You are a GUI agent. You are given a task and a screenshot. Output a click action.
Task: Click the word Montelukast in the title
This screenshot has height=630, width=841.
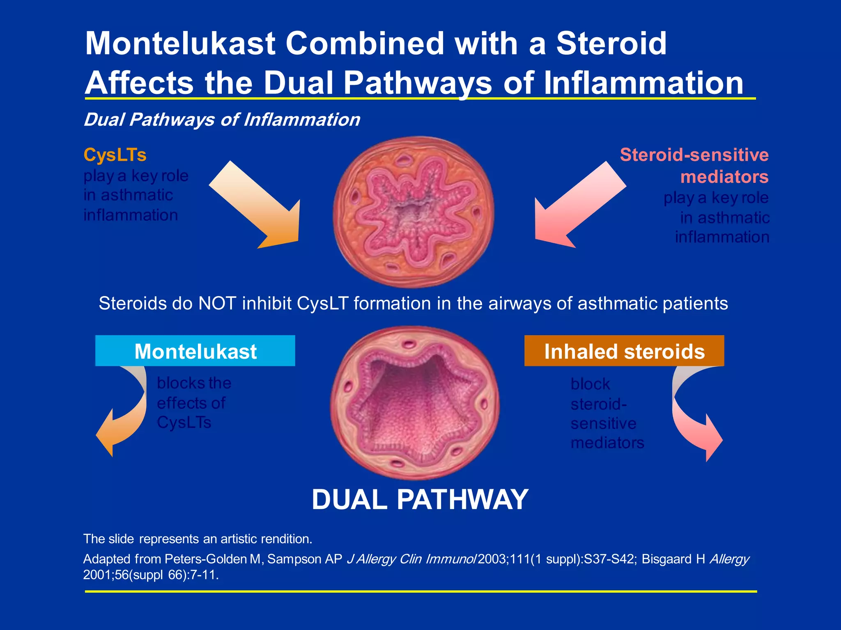(x=180, y=43)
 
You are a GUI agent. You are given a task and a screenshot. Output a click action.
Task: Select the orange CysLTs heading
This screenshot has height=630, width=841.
(x=115, y=155)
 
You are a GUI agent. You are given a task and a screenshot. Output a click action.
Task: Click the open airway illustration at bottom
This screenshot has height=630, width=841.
(x=415, y=403)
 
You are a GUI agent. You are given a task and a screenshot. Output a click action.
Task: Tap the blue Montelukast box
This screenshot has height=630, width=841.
(x=195, y=351)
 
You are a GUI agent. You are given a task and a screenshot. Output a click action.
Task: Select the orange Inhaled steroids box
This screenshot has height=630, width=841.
(x=624, y=351)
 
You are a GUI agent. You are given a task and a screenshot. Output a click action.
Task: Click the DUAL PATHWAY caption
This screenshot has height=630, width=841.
(x=420, y=500)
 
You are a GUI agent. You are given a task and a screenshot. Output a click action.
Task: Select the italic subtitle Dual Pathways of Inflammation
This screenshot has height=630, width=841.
(x=222, y=120)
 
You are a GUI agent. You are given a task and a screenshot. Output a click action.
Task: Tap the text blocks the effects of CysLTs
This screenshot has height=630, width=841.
(x=193, y=403)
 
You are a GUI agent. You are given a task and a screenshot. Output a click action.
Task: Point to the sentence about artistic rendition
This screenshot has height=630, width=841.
(x=198, y=539)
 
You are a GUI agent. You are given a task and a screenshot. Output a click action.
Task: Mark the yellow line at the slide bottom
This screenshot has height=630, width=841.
(x=420, y=591)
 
